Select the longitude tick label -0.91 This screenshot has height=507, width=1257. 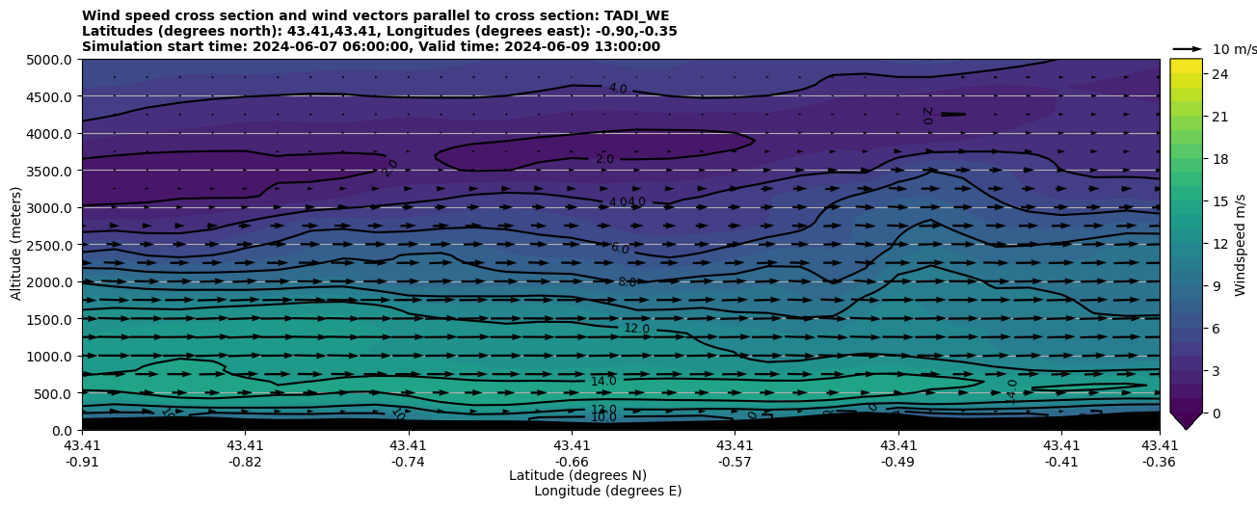81,461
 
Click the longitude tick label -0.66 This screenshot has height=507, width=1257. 571,461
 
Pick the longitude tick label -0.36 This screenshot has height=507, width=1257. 1159,461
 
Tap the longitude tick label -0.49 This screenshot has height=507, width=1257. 897,461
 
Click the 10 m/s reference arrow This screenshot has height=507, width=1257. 1188,48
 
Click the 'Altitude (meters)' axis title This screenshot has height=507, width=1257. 16,244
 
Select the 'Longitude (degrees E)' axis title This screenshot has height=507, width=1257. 607,491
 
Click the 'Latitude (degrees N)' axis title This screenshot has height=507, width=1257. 577,475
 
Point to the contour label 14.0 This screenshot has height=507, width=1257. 603,382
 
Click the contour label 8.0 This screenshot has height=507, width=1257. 628,282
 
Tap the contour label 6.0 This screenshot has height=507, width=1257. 620,249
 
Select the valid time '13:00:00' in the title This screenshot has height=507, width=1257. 538,46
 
